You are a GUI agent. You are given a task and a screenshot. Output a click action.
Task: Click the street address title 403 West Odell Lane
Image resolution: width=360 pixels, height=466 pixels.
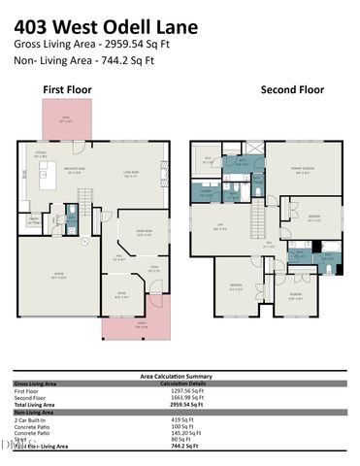(128, 23)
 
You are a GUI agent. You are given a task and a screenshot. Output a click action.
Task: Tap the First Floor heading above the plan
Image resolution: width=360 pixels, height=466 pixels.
(66, 89)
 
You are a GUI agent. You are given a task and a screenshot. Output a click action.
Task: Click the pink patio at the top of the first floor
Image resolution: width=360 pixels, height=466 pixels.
(65, 121)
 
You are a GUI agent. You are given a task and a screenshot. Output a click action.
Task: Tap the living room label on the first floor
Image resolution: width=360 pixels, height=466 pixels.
(129, 176)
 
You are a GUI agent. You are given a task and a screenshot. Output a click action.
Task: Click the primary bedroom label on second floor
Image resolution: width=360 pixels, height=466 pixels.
(305, 173)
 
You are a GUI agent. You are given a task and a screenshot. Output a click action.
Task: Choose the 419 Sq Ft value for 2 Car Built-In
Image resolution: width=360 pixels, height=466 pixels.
(179, 418)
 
